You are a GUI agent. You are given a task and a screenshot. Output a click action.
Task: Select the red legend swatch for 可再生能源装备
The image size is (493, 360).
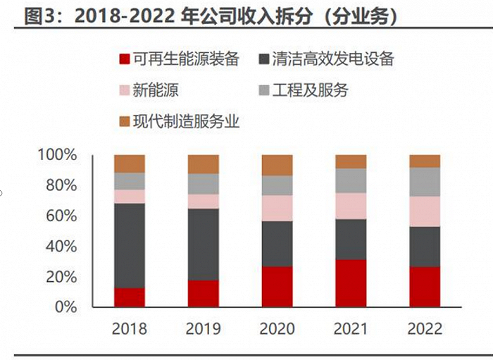(125, 59)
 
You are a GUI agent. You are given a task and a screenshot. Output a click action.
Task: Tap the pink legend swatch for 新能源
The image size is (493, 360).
(125, 90)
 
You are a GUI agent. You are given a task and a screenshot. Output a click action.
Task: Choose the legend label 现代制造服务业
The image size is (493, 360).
(186, 121)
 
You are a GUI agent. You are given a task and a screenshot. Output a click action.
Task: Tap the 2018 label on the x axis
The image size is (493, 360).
(130, 329)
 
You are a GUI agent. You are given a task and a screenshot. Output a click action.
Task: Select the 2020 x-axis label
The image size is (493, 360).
(277, 329)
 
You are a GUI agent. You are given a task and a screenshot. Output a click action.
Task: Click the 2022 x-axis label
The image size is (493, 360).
(425, 329)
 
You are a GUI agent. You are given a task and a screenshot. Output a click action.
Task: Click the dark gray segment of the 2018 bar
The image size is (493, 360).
(130, 245)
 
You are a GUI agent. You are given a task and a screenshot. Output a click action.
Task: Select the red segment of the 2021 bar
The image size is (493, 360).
(351, 283)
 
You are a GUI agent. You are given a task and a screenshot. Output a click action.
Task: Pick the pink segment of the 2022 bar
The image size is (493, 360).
(425, 211)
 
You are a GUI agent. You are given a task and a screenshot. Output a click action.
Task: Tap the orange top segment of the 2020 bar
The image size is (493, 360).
(277, 165)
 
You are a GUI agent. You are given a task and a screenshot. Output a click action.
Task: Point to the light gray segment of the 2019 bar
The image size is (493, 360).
(204, 184)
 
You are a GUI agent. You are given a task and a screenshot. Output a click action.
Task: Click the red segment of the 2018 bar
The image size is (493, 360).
(130, 297)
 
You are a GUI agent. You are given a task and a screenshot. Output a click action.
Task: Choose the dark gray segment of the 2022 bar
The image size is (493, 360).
(425, 247)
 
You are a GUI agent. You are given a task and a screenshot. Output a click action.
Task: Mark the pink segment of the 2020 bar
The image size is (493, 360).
(277, 208)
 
